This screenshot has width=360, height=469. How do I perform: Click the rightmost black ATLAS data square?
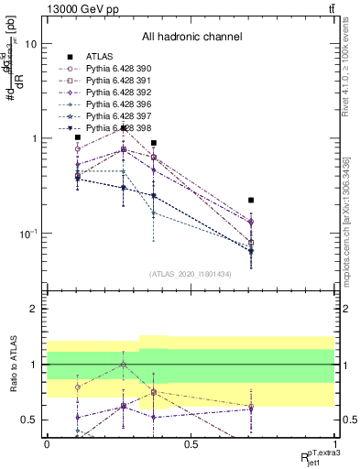coord(251,200)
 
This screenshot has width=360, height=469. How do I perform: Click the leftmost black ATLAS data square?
coord(78,137)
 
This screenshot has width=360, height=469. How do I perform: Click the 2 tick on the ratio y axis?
coord(35,310)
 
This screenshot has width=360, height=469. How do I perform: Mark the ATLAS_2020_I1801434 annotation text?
coord(191,274)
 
